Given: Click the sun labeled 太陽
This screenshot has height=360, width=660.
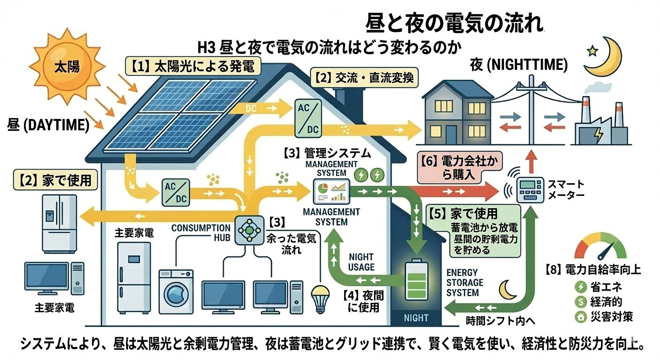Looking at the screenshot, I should (67, 67).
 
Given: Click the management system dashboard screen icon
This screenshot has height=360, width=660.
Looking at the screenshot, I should (333, 190).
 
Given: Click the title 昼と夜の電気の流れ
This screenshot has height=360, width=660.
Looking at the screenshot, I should (454, 22).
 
